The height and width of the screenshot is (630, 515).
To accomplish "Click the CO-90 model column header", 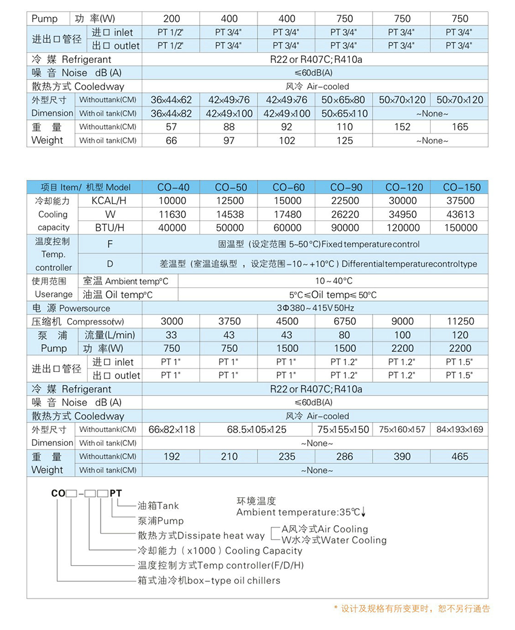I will click(345, 187).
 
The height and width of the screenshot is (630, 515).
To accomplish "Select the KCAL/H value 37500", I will click(460, 201).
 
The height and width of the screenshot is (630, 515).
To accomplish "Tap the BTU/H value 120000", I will click(402, 228).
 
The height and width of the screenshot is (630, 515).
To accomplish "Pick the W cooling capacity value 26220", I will click(345, 214).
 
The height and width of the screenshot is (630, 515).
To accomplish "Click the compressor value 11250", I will click(460, 322).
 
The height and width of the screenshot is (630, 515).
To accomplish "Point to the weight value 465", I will click(460, 456).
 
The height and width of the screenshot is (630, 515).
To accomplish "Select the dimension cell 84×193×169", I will click(460, 429).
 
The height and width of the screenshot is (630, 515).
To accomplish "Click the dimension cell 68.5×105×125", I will click(257, 429).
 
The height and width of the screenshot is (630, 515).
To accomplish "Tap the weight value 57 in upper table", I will click(171, 127).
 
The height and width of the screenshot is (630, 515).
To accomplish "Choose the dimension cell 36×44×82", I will click(171, 113).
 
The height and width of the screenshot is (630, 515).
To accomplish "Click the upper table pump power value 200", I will click(171, 19).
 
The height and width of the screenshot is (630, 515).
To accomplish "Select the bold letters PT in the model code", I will click(115, 493).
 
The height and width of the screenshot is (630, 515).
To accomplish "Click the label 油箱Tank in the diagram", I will click(158, 505).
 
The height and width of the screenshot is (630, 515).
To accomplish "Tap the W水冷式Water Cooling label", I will click(334, 540).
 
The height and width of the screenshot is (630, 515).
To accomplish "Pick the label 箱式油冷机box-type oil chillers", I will click(209, 580).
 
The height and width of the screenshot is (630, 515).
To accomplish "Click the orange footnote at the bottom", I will click(411, 609).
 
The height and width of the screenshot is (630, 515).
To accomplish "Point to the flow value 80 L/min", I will click(345, 335).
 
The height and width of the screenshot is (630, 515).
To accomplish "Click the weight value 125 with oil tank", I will click(345, 141).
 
